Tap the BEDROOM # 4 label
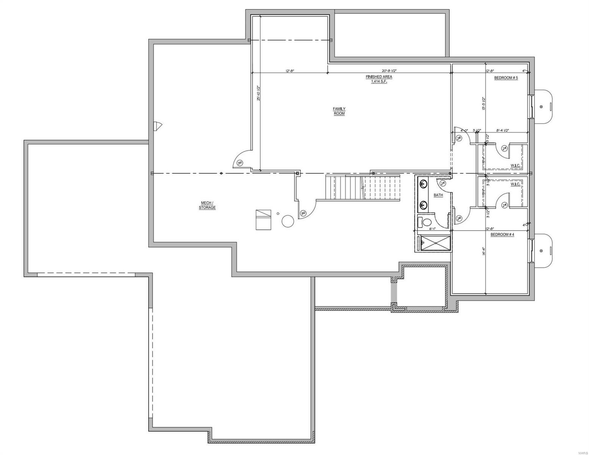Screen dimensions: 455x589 502,235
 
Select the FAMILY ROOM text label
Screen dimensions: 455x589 339,111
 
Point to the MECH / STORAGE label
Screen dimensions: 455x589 207,205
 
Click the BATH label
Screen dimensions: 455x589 438,195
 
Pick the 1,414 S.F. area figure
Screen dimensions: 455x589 379,82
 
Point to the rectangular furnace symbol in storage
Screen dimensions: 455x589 263,219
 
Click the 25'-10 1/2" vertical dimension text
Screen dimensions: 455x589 258,93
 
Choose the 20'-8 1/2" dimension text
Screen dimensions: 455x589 389,71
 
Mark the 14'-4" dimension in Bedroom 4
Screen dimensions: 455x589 484,251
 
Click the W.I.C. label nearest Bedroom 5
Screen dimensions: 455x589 515,165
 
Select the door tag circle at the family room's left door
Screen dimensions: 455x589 240,163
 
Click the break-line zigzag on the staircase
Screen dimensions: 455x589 363,188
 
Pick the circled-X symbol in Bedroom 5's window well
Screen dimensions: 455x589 541,107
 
